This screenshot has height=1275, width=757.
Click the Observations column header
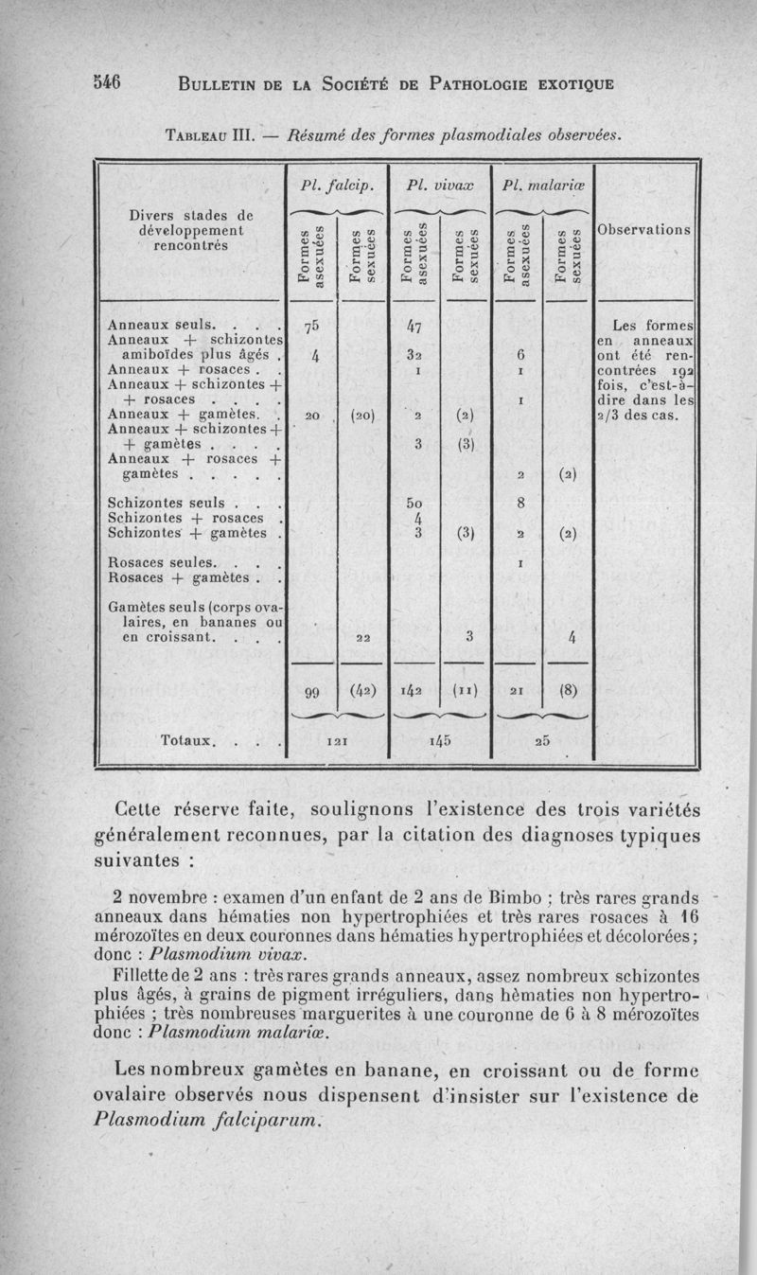[x=643, y=231]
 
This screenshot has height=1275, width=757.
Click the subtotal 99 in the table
[x=311, y=692]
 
